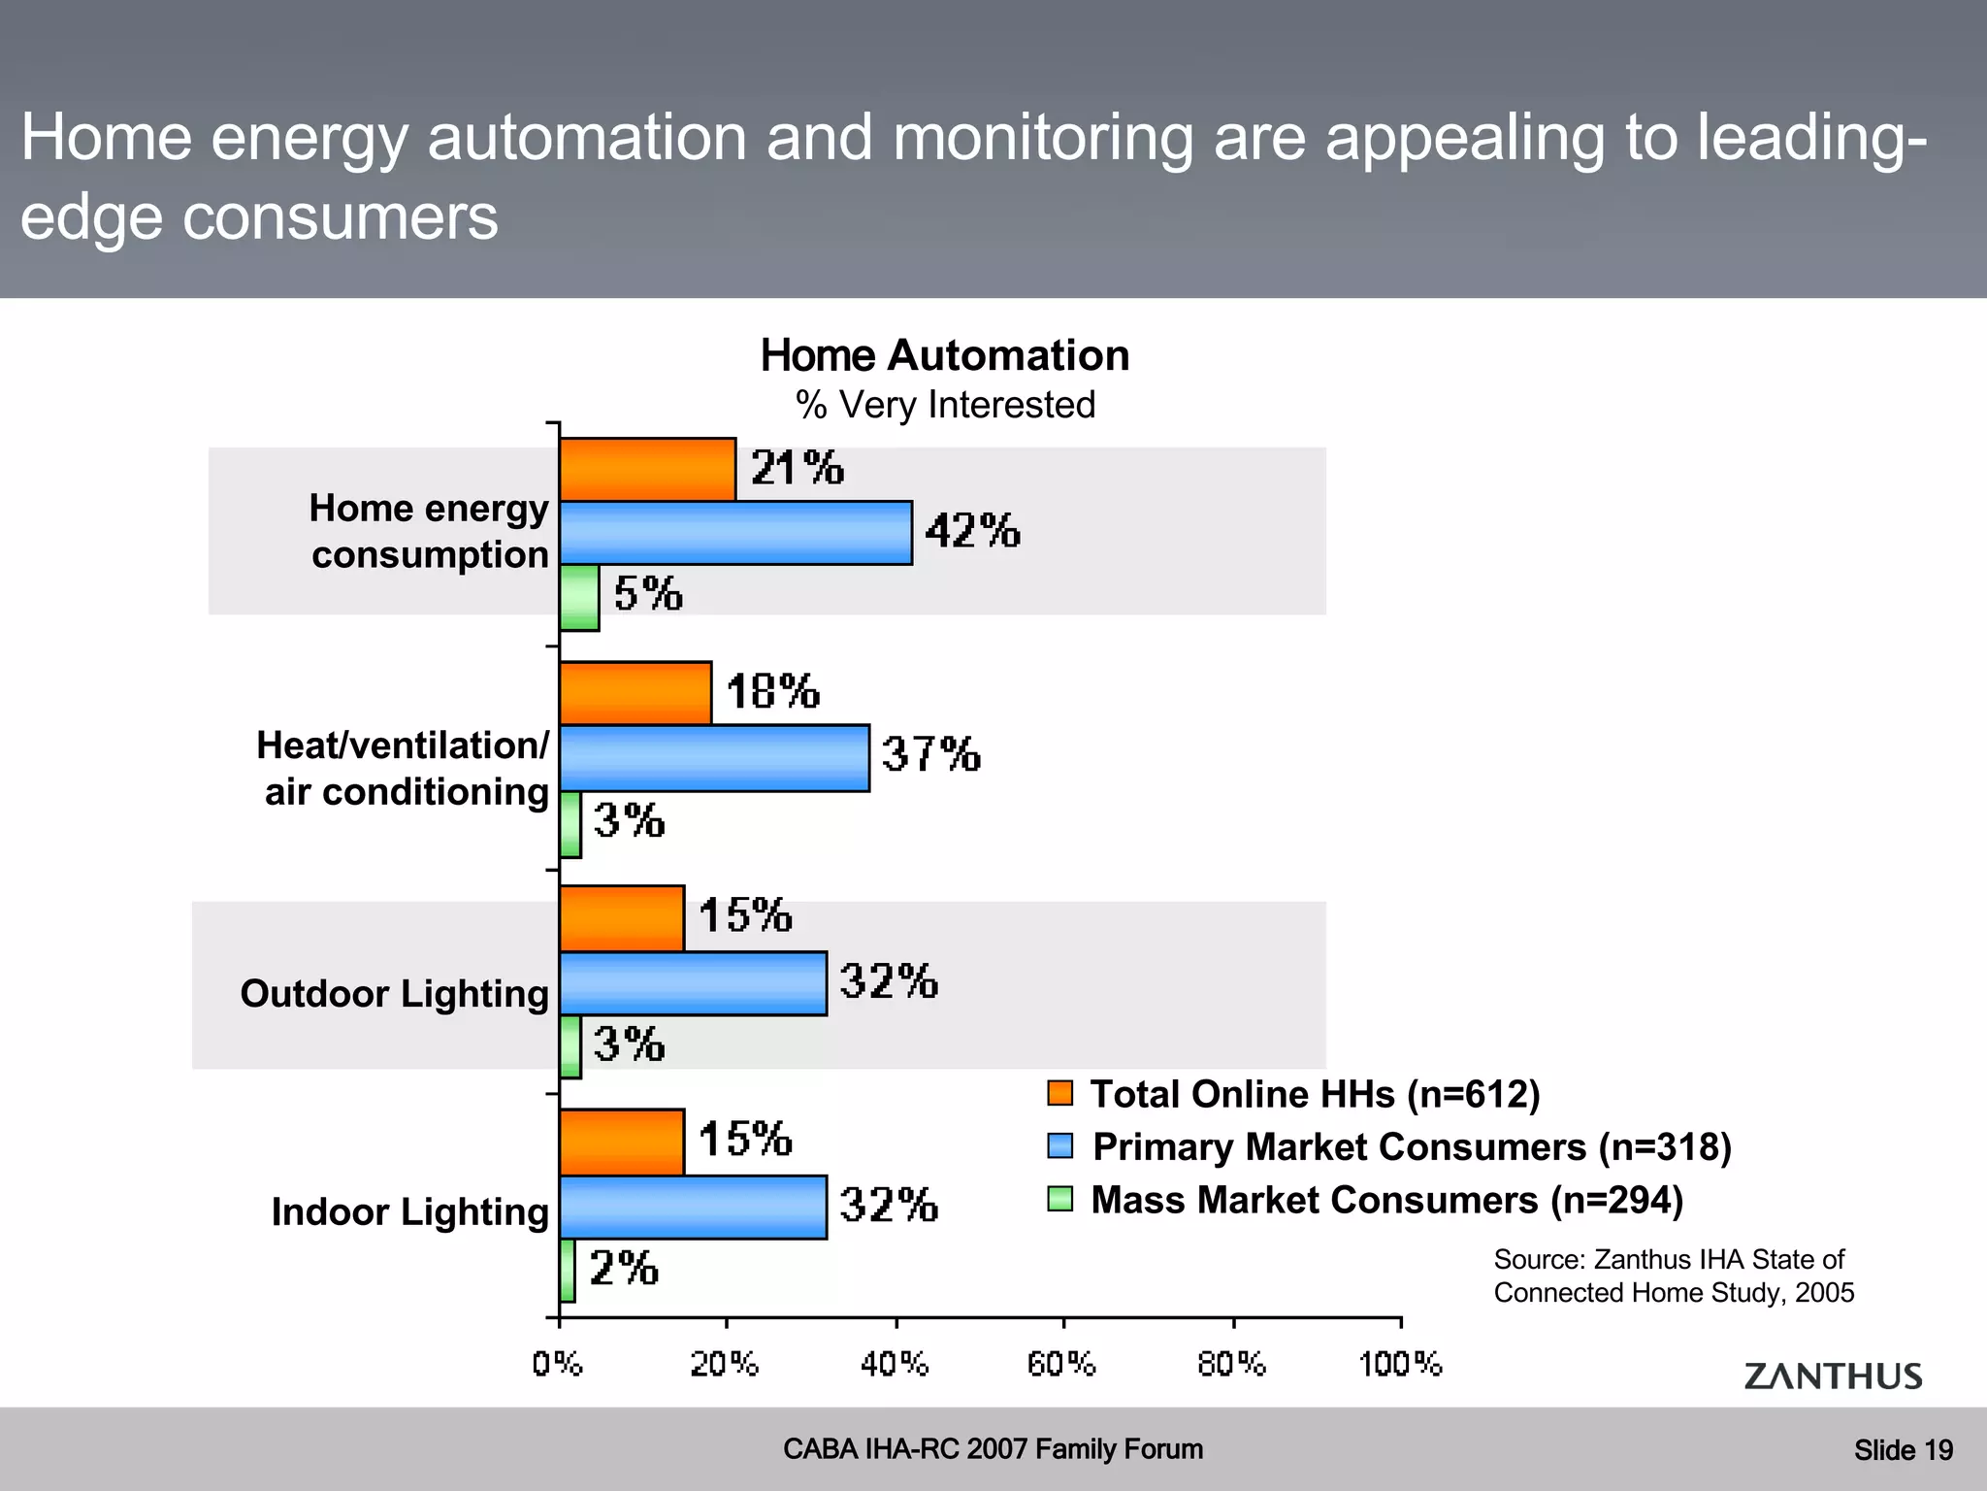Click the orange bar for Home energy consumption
(x=647, y=470)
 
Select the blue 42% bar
(x=735, y=533)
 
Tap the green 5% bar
(x=579, y=597)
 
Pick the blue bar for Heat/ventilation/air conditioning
(x=714, y=758)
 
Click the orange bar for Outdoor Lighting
(x=622, y=918)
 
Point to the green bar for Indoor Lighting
(x=568, y=1270)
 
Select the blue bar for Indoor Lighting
(x=693, y=1208)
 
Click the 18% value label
(x=772, y=692)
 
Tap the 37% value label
(x=930, y=755)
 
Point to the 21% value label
(x=797, y=469)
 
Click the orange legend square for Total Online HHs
(x=1060, y=1093)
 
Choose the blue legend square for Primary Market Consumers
(x=1060, y=1146)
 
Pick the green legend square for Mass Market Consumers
(x=1060, y=1200)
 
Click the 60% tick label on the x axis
(x=1061, y=1365)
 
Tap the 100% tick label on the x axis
(x=1400, y=1365)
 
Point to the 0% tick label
(x=557, y=1365)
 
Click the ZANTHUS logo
(x=1833, y=1376)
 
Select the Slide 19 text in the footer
(x=1903, y=1450)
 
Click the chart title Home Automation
(x=945, y=356)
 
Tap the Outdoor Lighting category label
(x=394, y=994)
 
